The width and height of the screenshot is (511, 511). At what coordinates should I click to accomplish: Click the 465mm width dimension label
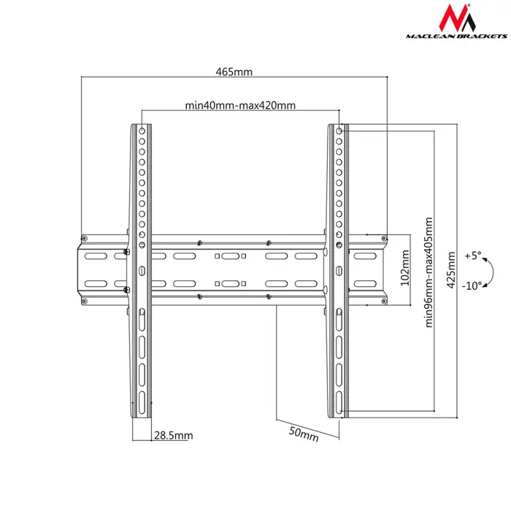234,72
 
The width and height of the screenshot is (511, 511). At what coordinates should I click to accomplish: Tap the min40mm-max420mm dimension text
240,105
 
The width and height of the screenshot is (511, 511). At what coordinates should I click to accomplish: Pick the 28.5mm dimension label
173,436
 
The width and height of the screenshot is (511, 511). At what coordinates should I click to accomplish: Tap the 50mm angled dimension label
304,434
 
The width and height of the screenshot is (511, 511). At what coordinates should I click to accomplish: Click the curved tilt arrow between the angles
491,271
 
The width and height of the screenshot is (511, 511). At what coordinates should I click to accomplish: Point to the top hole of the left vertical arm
142,131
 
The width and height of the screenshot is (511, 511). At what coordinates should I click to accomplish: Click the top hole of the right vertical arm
339,131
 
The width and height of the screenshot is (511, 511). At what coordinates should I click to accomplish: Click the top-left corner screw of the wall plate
85,239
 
